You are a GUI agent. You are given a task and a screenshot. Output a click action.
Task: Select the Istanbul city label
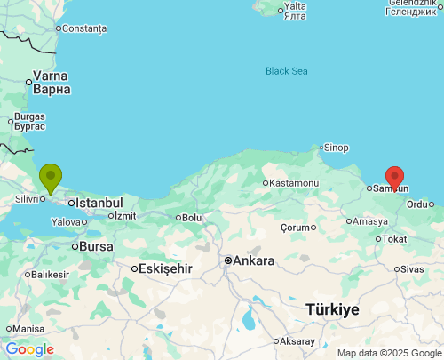(98, 203)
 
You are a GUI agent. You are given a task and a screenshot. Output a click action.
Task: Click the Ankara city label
(253, 260)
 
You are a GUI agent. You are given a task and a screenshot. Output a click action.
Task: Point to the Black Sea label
(287, 71)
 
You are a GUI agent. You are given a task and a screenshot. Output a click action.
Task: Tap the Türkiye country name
(332, 309)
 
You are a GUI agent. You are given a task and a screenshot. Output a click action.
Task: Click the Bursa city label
(96, 245)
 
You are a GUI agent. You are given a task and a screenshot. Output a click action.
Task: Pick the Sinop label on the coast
(336, 148)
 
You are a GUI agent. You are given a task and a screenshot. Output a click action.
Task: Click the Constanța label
(84, 28)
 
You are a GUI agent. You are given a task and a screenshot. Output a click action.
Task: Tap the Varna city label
(51, 82)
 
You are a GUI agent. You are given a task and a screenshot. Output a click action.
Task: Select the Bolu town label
(192, 217)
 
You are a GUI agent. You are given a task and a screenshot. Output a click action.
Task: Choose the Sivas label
(412, 268)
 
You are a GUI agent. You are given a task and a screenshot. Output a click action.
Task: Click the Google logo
(29, 349)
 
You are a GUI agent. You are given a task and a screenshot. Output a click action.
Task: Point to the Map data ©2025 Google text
(388, 353)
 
